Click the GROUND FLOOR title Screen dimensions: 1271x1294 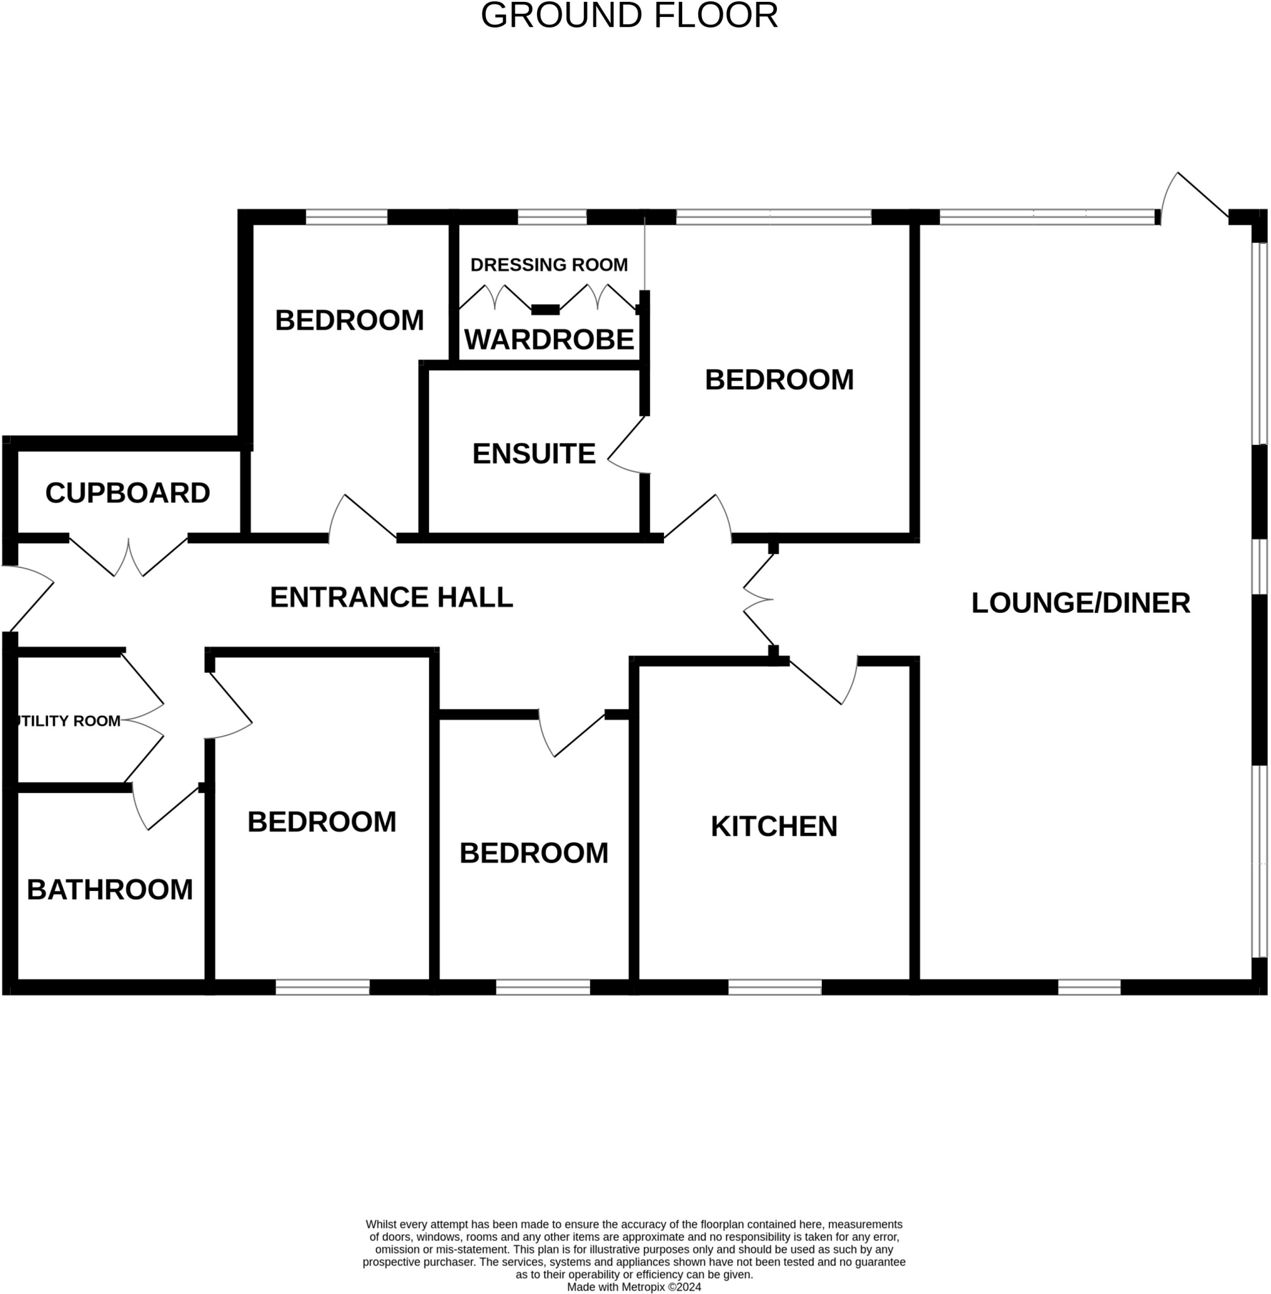(629, 15)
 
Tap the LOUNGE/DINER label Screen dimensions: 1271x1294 (1080, 603)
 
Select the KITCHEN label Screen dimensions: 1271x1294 (774, 826)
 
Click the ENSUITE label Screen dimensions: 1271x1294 (533, 454)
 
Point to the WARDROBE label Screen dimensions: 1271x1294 (549, 340)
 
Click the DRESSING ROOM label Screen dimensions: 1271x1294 (549, 265)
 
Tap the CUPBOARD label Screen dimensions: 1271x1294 (128, 493)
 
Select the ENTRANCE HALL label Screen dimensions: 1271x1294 (391, 598)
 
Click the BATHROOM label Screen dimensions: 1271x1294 (109, 890)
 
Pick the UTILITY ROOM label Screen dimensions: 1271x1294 (68, 721)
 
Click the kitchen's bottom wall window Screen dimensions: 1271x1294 (774, 988)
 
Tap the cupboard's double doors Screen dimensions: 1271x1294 (128, 558)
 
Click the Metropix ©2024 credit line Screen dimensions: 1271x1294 (634, 1286)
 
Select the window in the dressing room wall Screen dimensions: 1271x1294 (552, 217)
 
